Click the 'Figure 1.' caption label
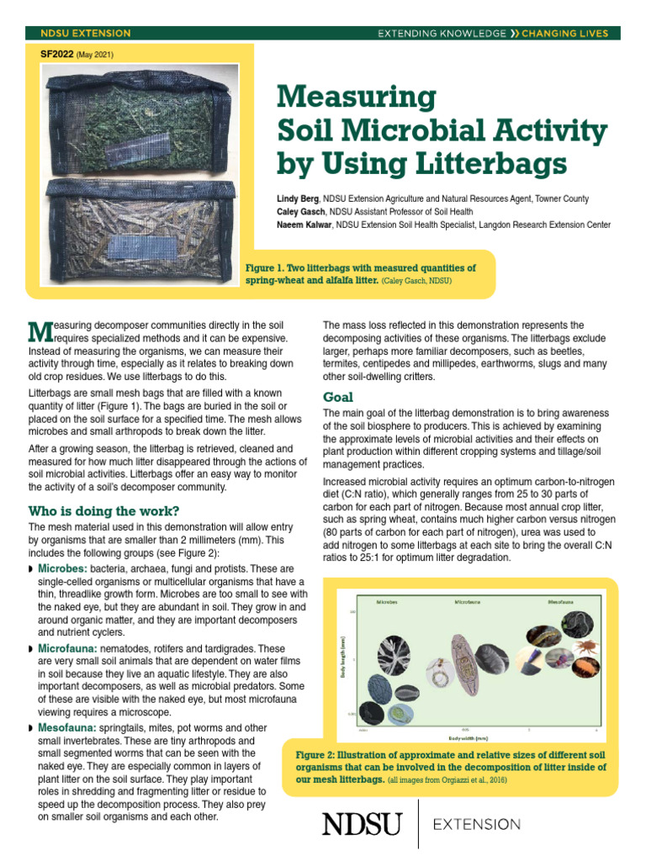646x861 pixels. [x=268, y=268]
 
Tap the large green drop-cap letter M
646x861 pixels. [x=40, y=332]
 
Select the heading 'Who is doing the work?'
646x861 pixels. [x=103, y=510]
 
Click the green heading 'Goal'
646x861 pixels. [x=338, y=397]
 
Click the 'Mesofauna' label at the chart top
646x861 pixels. [x=563, y=602]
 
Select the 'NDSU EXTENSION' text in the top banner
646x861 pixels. [x=86, y=34]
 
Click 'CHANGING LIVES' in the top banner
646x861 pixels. [x=570, y=34]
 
